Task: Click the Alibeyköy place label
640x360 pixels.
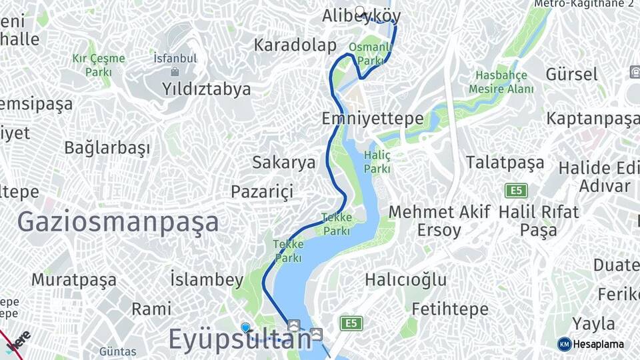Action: coord(361,16)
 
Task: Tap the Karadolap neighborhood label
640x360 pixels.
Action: coord(295,45)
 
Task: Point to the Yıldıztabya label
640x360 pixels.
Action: coord(207,89)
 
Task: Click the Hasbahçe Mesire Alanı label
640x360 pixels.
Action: coord(501,82)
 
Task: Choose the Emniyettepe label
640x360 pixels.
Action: coord(372,119)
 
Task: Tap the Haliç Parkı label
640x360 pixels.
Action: coord(377,161)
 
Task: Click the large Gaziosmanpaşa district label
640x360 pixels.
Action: coord(118,221)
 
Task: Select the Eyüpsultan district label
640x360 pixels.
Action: coord(239,339)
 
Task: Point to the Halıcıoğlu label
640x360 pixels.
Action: coord(406,279)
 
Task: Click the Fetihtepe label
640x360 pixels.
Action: coord(450,309)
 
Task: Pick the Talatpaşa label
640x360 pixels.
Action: coord(505,163)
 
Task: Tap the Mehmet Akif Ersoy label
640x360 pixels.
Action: coord(439,221)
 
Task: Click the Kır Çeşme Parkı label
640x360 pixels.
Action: coord(99,65)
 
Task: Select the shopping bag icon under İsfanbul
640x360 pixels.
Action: coord(175,71)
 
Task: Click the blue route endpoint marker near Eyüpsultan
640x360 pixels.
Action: coord(245,327)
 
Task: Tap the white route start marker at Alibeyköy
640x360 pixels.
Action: coord(361,11)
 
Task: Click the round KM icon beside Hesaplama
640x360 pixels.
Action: coord(564,344)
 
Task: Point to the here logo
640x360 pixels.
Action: coord(18,340)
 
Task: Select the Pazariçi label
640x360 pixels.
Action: coord(262,192)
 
